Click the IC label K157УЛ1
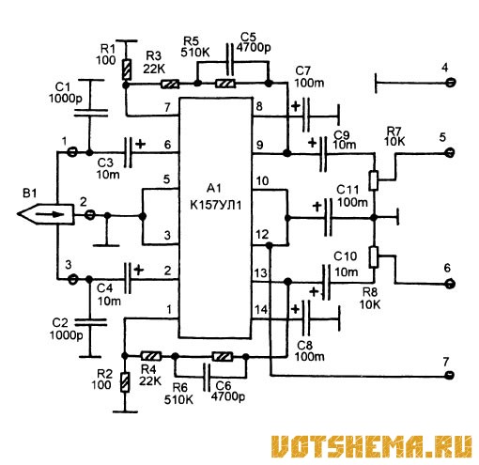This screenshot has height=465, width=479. pyautogui.click(x=216, y=206)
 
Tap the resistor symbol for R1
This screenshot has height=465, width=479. pyautogui.click(x=126, y=70)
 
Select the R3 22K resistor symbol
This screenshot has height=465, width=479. pyautogui.click(x=170, y=84)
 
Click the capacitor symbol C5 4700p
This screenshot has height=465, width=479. pyautogui.click(x=230, y=59)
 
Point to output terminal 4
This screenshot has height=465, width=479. pyautogui.click(x=451, y=83)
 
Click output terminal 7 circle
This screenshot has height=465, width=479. pyautogui.click(x=450, y=375)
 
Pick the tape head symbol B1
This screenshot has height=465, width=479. pyautogui.click(x=46, y=214)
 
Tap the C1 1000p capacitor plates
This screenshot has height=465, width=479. pyautogui.click(x=90, y=113)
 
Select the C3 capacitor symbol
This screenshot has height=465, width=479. pyautogui.click(x=128, y=152)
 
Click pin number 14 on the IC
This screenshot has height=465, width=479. pyautogui.click(x=261, y=310)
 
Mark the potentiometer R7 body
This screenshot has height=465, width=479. pyautogui.click(x=374, y=180)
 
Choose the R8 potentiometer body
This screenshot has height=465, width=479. pyautogui.click(x=374, y=256)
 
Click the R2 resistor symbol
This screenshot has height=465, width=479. pyautogui.click(x=125, y=382)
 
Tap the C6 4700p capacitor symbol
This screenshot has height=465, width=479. pyautogui.click(x=207, y=377)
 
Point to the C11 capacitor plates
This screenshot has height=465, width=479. pyautogui.click(x=328, y=217)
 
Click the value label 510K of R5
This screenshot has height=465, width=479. pyautogui.click(x=195, y=53)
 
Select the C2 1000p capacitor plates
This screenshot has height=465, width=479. pyautogui.click(x=90, y=322)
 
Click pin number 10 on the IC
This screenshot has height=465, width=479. pyautogui.click(x=262, y=181)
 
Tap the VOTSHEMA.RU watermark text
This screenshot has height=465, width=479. pyautogui.click(x=371, y=447)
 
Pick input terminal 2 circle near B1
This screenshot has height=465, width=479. pyautogui.click(x=90, y=215)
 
